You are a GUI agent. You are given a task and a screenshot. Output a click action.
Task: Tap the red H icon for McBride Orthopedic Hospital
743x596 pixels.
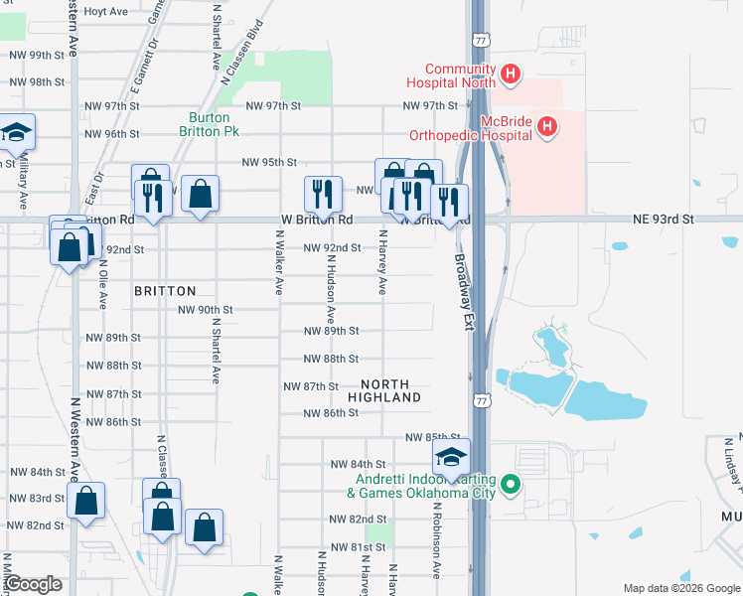(x=546, y=126)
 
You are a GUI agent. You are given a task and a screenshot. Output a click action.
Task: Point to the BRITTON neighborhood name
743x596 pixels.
(x=165, y=290)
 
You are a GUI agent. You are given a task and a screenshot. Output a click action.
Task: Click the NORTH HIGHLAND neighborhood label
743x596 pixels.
(x=390, y=390)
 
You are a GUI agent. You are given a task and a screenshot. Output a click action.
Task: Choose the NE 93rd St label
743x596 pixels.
(x=661, y=219)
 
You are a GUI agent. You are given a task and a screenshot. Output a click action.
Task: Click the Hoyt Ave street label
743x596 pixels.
(x=106, y=11)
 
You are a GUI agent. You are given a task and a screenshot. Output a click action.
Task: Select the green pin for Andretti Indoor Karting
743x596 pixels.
(x=511, y=485)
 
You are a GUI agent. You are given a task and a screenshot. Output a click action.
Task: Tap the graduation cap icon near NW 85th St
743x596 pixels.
(x=451, y=457)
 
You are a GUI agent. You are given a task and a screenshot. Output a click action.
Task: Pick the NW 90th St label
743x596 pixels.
(x=205, y=310)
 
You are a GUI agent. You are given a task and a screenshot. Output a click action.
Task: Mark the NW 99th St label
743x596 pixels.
(x=33, y=55)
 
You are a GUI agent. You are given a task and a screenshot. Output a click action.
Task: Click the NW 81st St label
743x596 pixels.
(x=358, y=547)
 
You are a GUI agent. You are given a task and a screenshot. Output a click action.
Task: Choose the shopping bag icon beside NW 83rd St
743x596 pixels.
(x=85, y=503)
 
